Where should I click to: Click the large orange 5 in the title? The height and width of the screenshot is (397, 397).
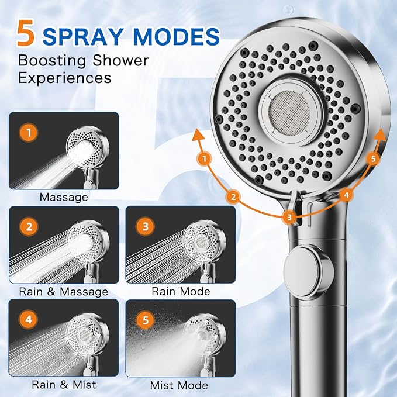[26, 33]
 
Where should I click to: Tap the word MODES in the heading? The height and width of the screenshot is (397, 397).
[176, 36]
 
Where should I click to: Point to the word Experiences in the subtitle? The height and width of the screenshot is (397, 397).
[65, 78]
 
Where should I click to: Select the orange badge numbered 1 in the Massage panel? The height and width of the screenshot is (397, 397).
[29, 133]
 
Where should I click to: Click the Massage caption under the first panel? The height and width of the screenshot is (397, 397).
[64, 197]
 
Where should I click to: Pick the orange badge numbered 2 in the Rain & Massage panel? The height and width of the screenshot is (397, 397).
[29, 226]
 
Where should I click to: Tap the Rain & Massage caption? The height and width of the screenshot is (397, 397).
[64, 291]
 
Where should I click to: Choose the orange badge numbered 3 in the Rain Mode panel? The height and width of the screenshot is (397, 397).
[146, 226]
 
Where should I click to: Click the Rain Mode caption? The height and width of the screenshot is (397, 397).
[181, 291]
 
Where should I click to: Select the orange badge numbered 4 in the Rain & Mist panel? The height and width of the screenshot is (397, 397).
[29, 319]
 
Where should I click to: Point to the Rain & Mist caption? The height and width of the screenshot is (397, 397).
[64, 385]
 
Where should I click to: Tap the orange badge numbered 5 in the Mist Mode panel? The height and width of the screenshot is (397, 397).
[146, 320]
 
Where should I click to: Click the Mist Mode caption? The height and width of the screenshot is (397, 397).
[179, 385]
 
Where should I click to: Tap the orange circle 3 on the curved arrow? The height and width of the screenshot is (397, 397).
[289, 217]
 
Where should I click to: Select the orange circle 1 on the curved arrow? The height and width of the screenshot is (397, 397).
[205, 159]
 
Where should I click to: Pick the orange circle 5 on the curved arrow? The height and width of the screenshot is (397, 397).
[373, 159]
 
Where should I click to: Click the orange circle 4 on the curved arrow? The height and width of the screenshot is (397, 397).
[346, 195]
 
